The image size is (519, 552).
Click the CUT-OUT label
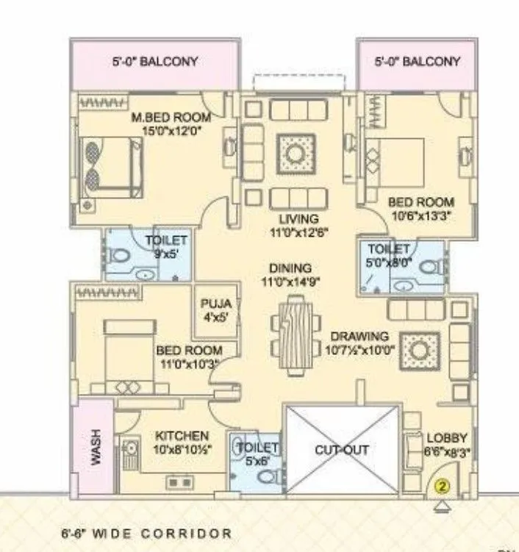point(342,449)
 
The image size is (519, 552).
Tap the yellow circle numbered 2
point(442,486)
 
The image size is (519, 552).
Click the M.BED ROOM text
point(171,117)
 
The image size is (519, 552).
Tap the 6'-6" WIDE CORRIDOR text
point(147,533)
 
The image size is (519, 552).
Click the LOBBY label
point(447,438)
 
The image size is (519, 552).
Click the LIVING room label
point(298,219)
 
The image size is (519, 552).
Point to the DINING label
point(290,268)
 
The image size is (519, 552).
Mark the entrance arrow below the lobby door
point(442,504)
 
